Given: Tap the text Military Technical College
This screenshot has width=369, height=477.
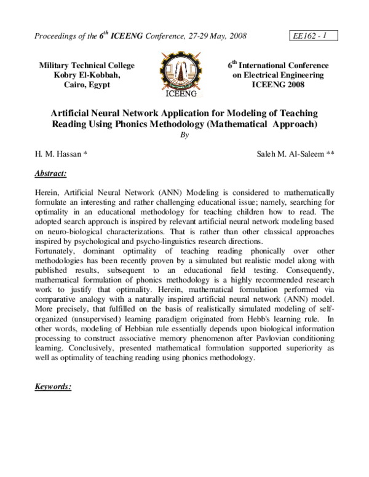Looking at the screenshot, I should [87, 65].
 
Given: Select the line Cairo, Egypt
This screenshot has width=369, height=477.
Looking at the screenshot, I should [87, 85].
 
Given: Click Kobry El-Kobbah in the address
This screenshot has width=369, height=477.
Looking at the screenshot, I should [87, 75].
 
